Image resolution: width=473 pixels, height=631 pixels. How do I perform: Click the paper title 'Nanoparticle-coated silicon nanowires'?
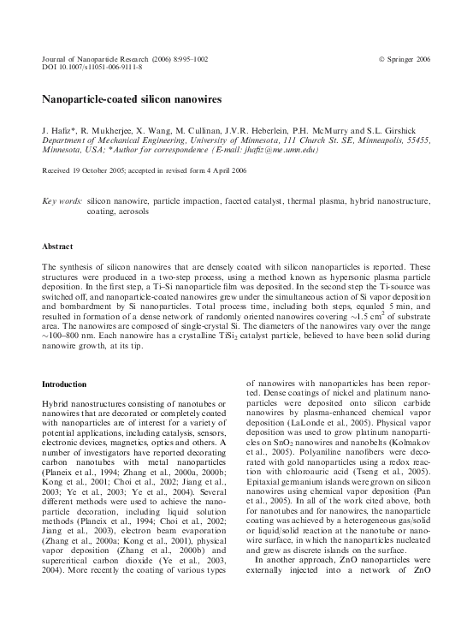click(132, 99)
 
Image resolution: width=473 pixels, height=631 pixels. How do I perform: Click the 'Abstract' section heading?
click(57, 247)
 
